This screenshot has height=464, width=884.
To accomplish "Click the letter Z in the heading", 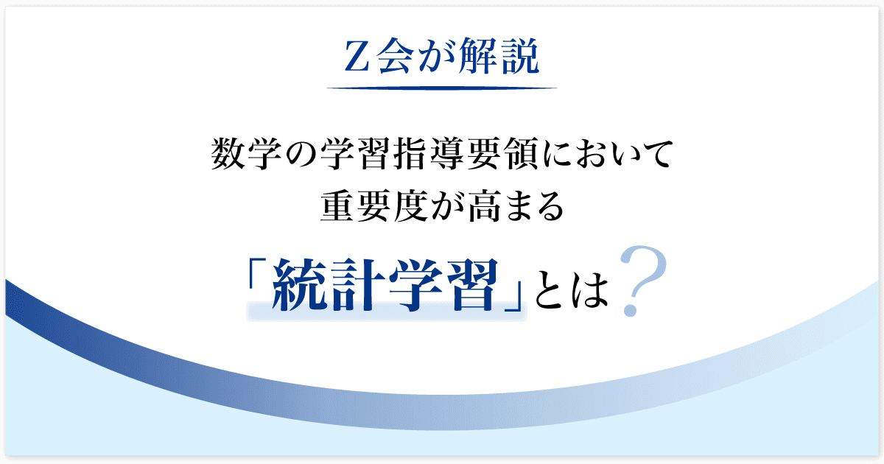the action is coord(357,57).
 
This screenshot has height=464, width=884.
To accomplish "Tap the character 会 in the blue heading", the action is coord(395,56).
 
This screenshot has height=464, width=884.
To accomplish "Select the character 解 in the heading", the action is coord(478,56).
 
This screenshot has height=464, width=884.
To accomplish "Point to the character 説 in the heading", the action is coord(520,56).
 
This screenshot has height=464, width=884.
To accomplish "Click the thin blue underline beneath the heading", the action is coord(442,88).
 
